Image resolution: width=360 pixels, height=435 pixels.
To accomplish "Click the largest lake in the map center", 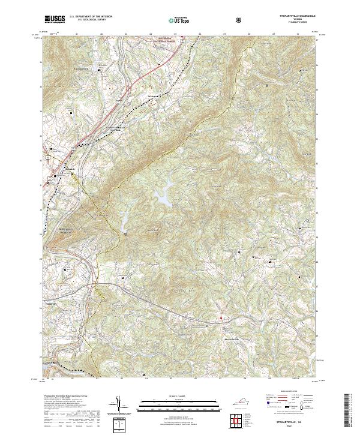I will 163,196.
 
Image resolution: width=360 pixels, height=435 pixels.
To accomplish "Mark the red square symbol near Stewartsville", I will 220,318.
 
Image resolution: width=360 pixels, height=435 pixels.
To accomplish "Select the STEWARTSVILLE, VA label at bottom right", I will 290,422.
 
